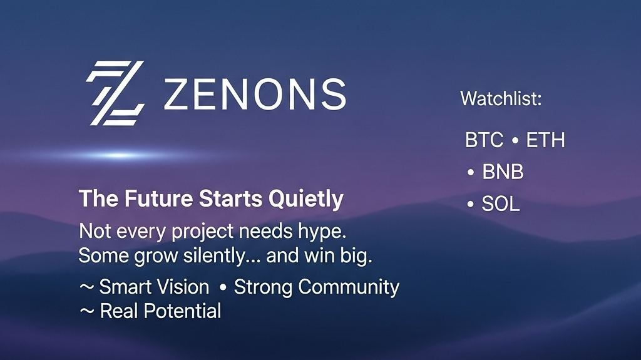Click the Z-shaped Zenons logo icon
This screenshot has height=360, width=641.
115,93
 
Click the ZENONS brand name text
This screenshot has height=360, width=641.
255,95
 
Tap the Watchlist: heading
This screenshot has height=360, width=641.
501,98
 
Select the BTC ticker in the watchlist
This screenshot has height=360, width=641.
484,140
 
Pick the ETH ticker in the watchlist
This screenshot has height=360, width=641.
545,140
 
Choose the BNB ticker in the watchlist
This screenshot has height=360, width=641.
503,172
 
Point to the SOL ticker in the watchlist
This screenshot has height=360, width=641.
501,203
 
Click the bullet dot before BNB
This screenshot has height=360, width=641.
471,173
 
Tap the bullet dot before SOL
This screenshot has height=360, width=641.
471,204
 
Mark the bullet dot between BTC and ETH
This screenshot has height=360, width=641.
515,141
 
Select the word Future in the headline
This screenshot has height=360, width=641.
158,199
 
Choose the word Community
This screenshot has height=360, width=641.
349,287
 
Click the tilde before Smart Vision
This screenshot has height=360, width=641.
86,287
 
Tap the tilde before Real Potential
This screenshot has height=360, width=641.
86,311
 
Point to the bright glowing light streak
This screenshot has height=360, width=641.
118,155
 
